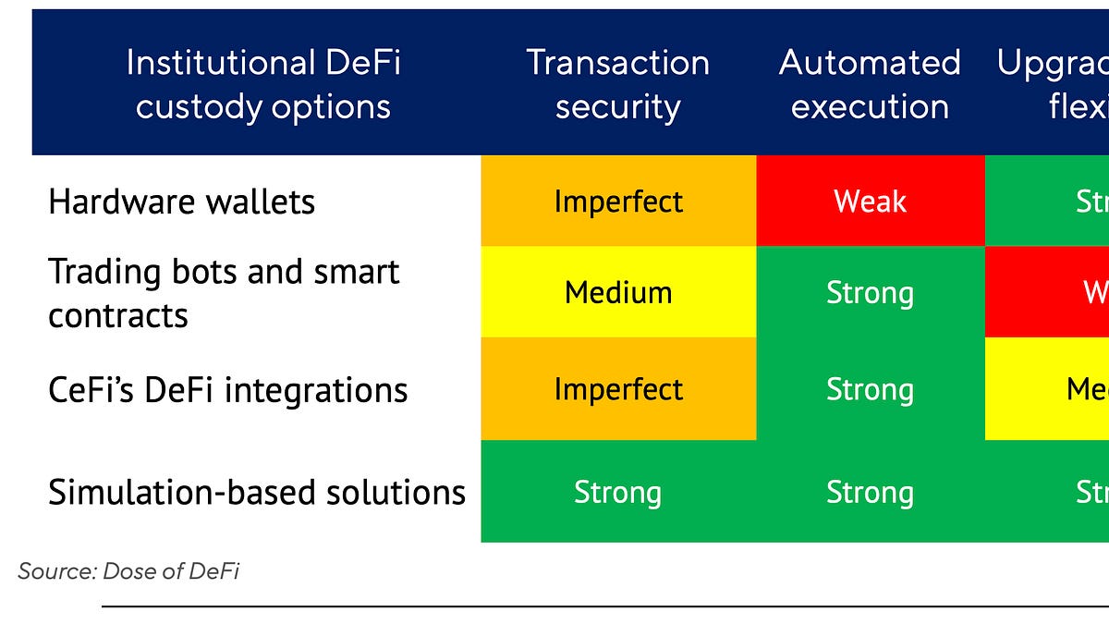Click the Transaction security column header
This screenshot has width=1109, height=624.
617,84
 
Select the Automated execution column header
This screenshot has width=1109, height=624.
870,84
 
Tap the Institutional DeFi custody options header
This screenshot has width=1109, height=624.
262,84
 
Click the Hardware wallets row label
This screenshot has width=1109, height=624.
181,202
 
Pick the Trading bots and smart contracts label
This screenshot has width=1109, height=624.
223,293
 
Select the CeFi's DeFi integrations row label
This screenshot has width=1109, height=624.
227,389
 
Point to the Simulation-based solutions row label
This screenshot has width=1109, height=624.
256,492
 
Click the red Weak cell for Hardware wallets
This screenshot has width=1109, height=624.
870,201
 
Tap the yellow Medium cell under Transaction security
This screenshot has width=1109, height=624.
617,292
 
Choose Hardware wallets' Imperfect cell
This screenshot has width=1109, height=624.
617,201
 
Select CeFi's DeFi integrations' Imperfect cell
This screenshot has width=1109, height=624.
617,389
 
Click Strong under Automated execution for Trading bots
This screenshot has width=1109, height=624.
870,292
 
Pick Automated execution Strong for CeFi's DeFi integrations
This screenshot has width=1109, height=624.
870,389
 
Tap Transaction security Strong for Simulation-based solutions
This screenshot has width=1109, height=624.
617,492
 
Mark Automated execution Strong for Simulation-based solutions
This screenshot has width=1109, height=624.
870,492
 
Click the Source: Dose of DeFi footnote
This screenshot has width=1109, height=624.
128,571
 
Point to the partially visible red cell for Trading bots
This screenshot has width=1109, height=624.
1048,292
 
